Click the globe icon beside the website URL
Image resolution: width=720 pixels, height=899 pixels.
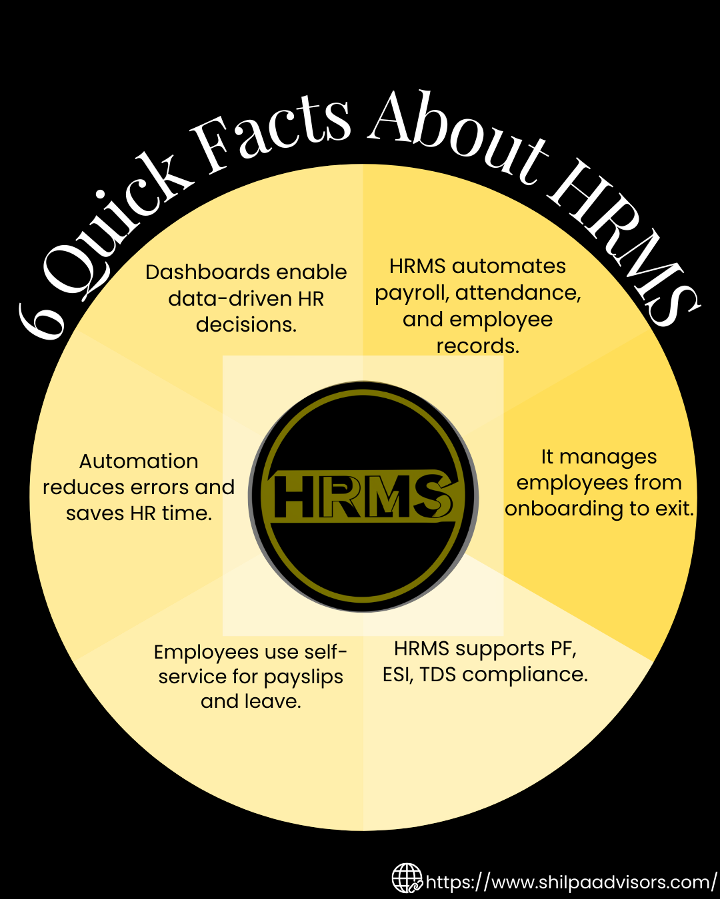coord(407,878)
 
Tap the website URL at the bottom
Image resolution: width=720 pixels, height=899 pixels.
coord(571,882)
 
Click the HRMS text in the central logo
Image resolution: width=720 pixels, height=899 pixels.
coord(362,497)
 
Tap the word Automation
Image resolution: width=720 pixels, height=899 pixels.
coord(139,461)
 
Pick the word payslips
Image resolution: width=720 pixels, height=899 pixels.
coord(303,678)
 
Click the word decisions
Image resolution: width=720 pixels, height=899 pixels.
coord(247,324)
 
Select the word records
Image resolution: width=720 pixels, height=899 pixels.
coord(478,346)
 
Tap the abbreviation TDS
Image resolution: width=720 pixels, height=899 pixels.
coord(437,675)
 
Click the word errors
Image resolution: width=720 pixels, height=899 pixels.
coord(157,487)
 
